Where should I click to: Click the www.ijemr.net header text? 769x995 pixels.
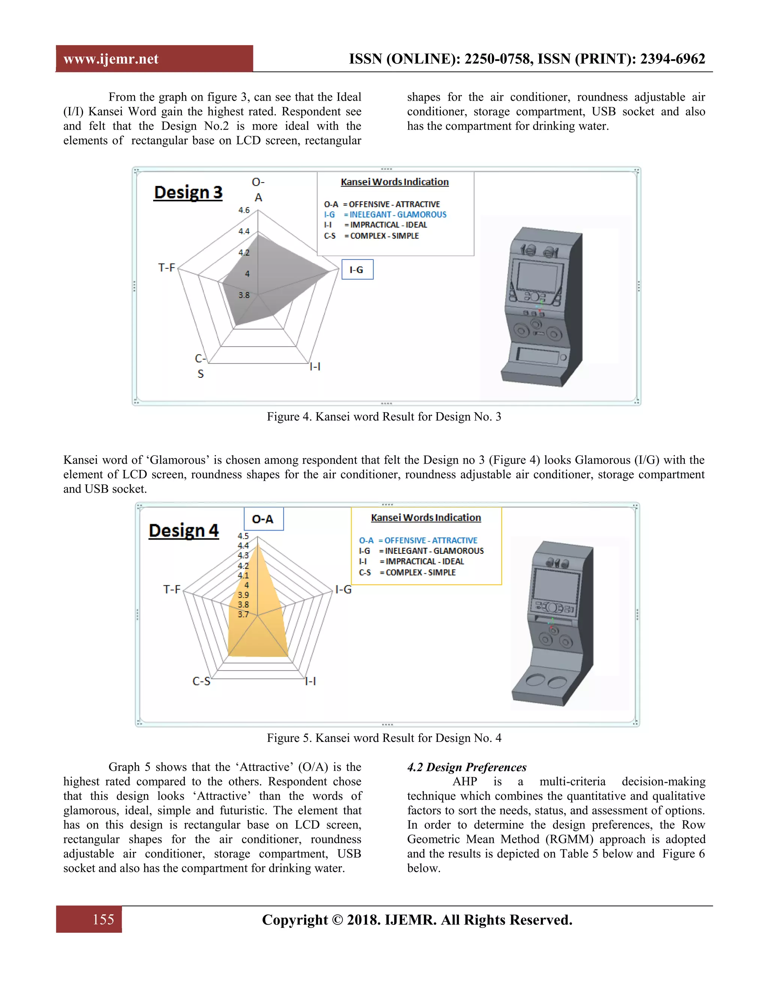(111, 59)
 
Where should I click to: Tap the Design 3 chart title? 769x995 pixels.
(188, 192)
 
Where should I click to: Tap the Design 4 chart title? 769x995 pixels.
(184, 531)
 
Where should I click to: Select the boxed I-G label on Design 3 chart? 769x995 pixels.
(357, 270)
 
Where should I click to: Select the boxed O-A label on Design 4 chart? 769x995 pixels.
(263, 519)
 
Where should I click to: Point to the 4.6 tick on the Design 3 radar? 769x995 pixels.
(244, 210)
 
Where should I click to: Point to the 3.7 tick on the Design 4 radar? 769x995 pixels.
(243, 614)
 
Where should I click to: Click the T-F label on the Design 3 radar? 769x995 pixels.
(166, 267)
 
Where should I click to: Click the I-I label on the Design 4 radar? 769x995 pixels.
(311, 681)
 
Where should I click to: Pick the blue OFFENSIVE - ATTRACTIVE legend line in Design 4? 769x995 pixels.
(418, 540)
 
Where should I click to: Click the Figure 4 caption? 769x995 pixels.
(384, 416)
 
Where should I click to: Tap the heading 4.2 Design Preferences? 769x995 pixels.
(466, 767)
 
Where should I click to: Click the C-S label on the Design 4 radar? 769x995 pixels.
(201, 681)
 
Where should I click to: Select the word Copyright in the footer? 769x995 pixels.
(295, 920)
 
